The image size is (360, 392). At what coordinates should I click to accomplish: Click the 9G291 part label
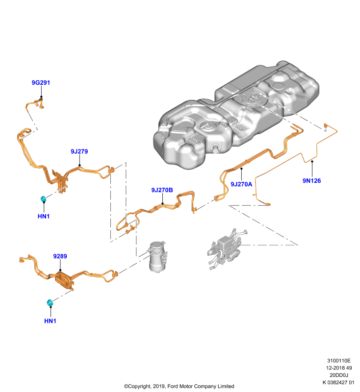tap(41, 82)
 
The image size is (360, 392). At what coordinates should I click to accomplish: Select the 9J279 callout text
tap(79, 151)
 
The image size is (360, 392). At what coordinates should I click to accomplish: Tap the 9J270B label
tap(162, 190)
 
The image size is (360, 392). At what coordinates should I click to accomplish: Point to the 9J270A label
tap(241, 184)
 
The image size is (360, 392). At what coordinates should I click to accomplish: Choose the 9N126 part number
tap(312, 181)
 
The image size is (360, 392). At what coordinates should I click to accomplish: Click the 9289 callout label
tap(60, 256)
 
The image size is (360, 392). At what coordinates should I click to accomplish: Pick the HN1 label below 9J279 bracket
tap(44, 216)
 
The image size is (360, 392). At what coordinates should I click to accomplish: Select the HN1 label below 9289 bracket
tap(51, 321)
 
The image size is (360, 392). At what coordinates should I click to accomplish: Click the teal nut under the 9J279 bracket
tap(43, 199)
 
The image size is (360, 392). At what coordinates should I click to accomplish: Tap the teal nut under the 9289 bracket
tap(50, 302)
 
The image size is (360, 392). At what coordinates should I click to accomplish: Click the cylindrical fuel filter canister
tap(157, 256)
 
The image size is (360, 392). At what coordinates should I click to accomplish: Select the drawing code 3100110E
tap(339, 361)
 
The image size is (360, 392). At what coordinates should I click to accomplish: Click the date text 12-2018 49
tap(339, 368)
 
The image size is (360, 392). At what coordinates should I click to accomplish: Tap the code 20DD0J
tap(339, 375)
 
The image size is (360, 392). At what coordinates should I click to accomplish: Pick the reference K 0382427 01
tap(338, 382)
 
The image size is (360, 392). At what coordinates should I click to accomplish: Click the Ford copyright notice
tap(179, 386)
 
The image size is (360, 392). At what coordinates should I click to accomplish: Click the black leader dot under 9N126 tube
tap(312, 162)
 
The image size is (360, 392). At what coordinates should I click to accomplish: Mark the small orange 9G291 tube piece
tap(35, 104)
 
